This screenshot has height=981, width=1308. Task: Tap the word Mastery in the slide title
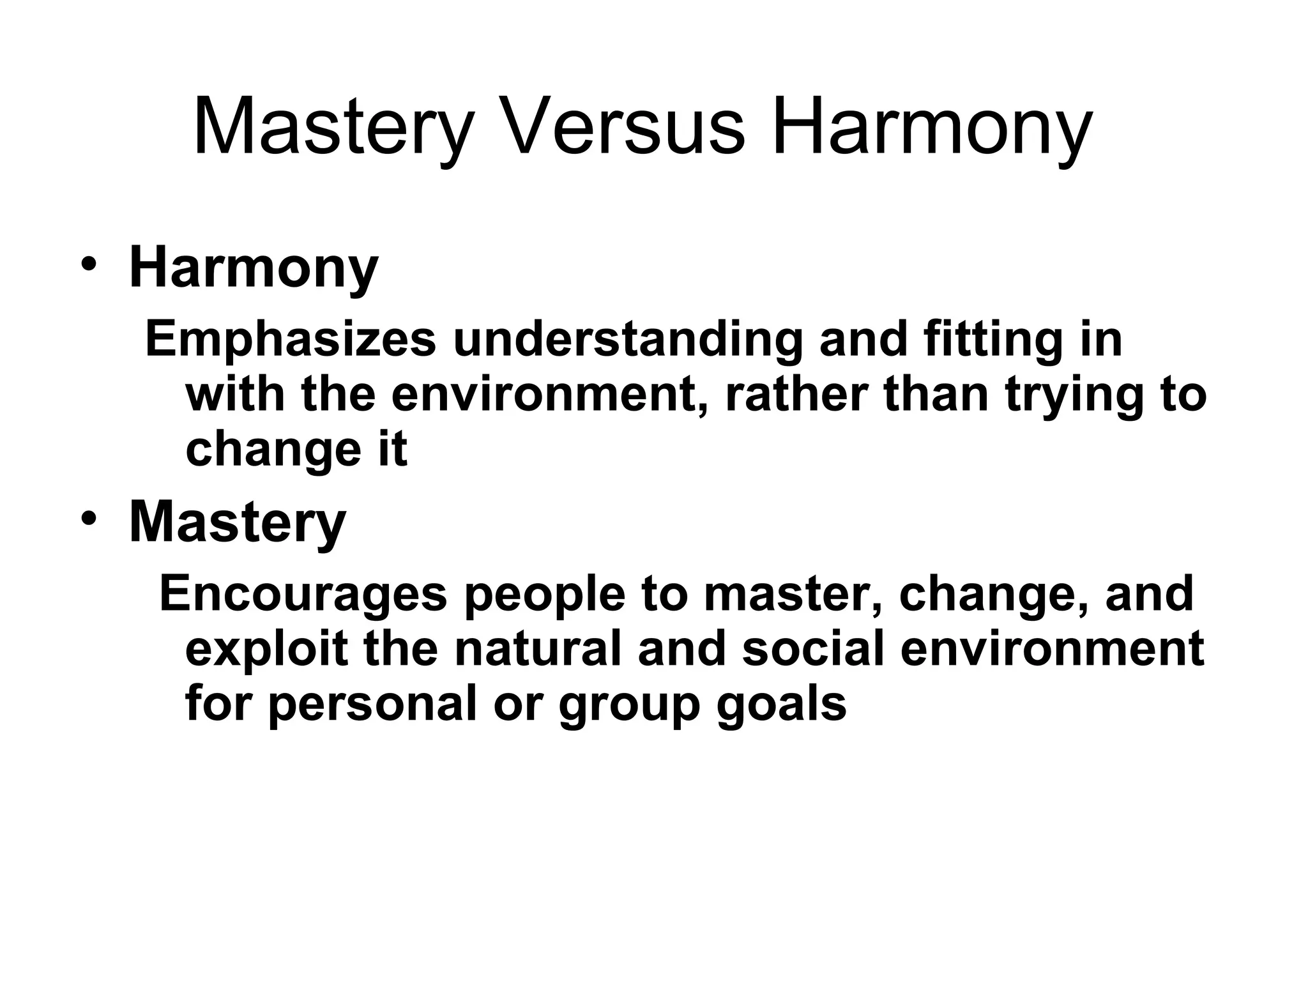point(331,126)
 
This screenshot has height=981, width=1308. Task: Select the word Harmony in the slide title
point(932,126)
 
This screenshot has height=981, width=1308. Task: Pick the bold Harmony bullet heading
point(254,268)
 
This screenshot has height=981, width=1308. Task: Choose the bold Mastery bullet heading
point(237,522)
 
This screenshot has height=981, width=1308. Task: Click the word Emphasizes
point(291,340)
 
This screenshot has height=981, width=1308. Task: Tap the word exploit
point(266,649)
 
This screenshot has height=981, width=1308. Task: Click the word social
point(814,648)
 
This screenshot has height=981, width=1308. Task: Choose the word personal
point(372,704)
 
